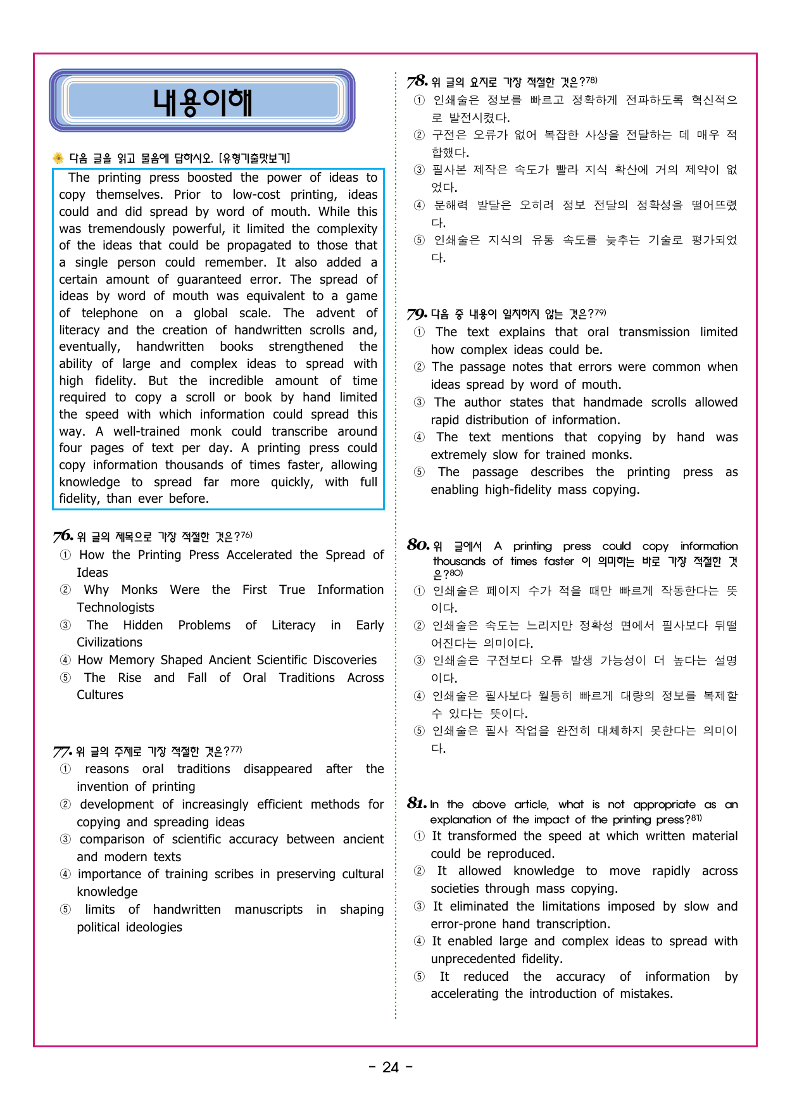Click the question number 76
coord(63,536)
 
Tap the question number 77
coord(62,752)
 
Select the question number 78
coord(417,82)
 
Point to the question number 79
coord(417,314)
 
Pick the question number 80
coord(418,545)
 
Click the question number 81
coord(417,804)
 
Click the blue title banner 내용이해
coord(202,101)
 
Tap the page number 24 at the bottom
coord(391,1068)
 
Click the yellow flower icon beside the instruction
coord(58,158)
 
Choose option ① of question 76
coord(65,555)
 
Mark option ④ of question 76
coord(65,660)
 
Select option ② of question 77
coord(65,805)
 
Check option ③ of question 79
coord(419,403)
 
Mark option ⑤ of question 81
coord(419,977)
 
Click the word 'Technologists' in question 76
coord(115,607)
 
